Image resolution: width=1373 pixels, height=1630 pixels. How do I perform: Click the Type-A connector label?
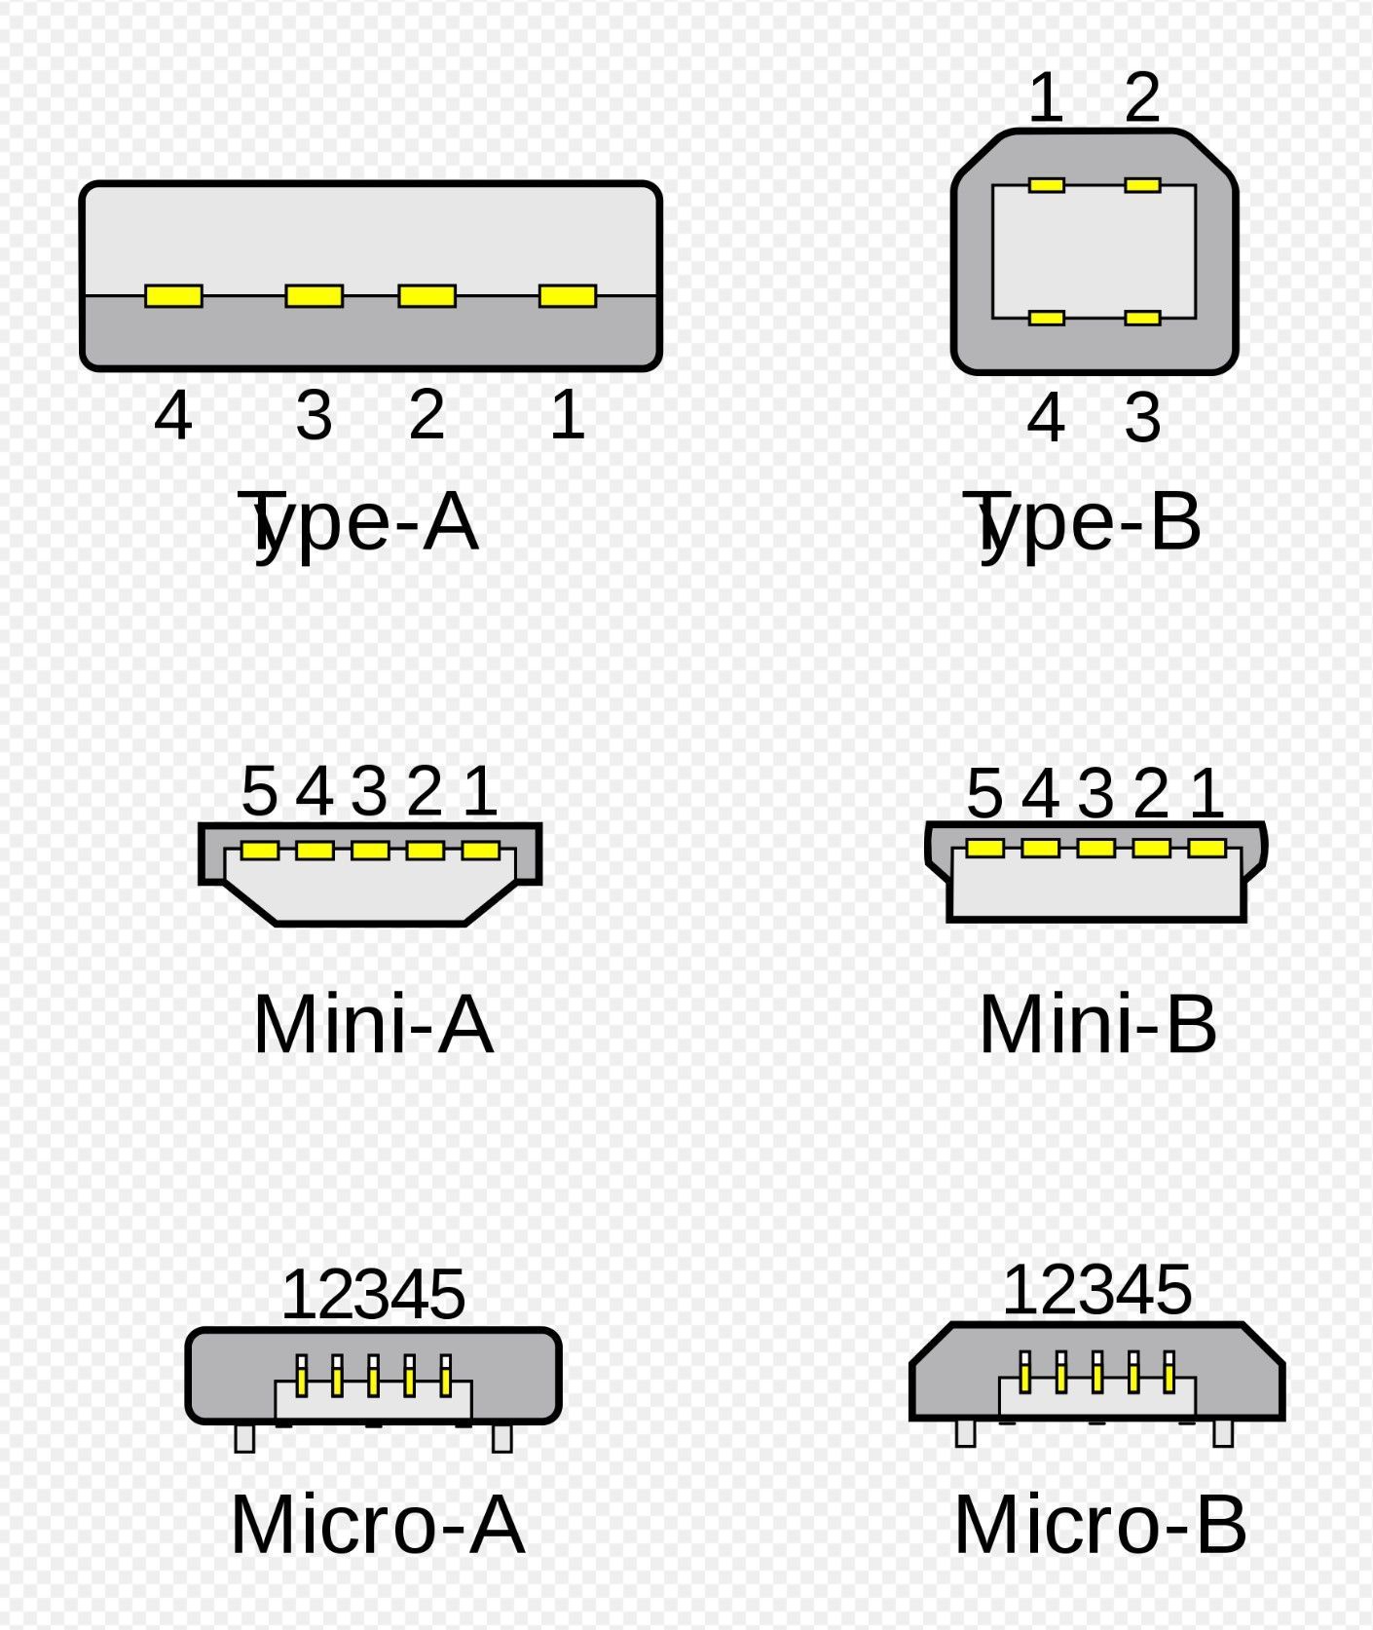(358, 524)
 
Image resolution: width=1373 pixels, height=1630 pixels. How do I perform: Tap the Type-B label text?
(1082, 522)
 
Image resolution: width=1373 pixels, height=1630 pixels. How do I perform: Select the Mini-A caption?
(373, 1024)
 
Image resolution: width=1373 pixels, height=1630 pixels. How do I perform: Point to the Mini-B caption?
(1097, 1024)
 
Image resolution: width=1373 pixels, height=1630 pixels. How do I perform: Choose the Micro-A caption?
(378, 1524)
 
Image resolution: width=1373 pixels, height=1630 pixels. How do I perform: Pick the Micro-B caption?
(1100, 1524)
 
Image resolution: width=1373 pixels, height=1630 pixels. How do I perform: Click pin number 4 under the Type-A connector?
(173, 414)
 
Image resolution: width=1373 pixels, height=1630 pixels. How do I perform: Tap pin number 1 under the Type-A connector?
(568, 414)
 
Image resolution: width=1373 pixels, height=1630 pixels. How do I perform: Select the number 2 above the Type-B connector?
(1142, 96)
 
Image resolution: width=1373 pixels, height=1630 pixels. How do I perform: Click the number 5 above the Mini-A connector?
(259, 790)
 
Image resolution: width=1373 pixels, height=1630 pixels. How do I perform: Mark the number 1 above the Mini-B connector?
(1206, 792)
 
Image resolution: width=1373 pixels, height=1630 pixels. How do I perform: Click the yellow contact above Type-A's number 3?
(314, 295)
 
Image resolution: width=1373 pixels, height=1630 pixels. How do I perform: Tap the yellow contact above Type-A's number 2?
(427, 295)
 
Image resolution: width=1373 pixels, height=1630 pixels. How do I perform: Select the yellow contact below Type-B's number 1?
(1046, 184)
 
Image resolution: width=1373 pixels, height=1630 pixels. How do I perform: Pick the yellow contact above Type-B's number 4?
(1046, 318)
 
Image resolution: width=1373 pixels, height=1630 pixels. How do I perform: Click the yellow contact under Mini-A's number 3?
(370, 851)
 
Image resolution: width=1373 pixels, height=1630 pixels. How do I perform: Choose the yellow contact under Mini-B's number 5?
(984, 848)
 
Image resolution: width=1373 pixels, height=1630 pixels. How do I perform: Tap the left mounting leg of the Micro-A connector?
(244, 1438)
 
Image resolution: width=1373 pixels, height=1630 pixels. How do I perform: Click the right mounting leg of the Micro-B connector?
(1223, 1433)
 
